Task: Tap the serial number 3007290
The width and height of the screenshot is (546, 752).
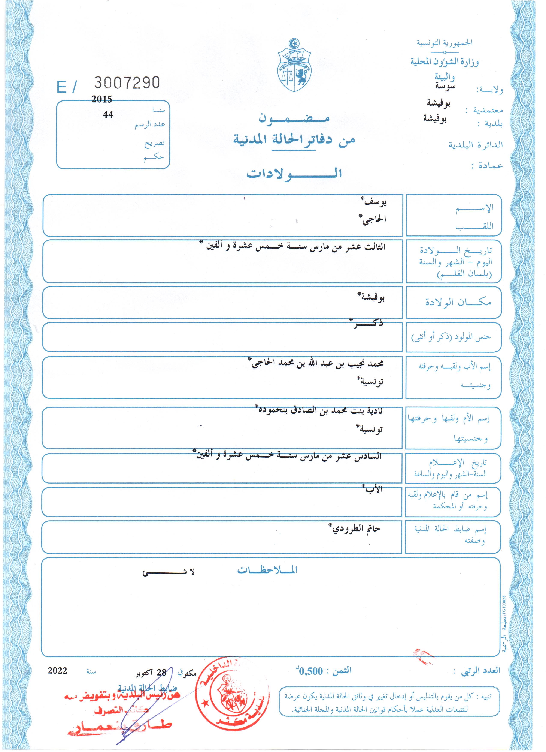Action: [x=127, y=82]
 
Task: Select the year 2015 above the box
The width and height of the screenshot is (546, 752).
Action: [x=102, y=99]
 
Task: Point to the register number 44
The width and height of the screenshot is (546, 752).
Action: [x=108, y=115]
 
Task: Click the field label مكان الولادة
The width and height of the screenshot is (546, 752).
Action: [x=458, y=302]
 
